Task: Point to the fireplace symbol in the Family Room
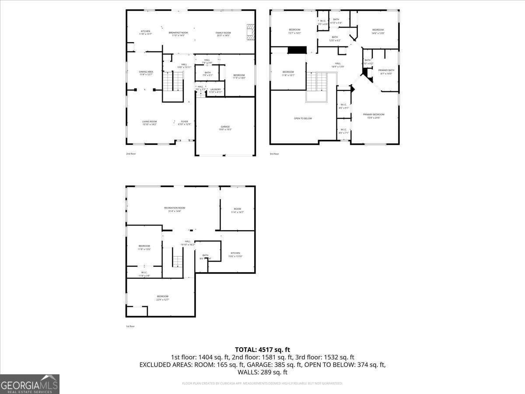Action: (x=250, y=32)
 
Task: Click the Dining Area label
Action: (x=146, y=73)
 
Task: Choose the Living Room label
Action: (x=149, y=123)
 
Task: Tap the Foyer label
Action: (x=185, y=123)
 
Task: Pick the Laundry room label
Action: (x=216, y=90)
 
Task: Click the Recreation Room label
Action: (x=175, y=209)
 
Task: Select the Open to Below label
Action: (x=303, y=118)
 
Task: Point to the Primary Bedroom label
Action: (x=374, y=116)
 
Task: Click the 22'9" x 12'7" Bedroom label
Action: (x=162, y=298)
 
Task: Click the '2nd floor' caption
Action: (x=131, y=154)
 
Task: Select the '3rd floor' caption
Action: (x=274, y=154)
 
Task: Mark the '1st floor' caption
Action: (x=130, y=326)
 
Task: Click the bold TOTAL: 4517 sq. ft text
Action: (x=262, y=349)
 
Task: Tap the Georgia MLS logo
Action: (x=30, y=384)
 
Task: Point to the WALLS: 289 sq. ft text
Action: (x=262, y=372)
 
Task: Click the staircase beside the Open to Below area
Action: (x=316, y=82)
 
